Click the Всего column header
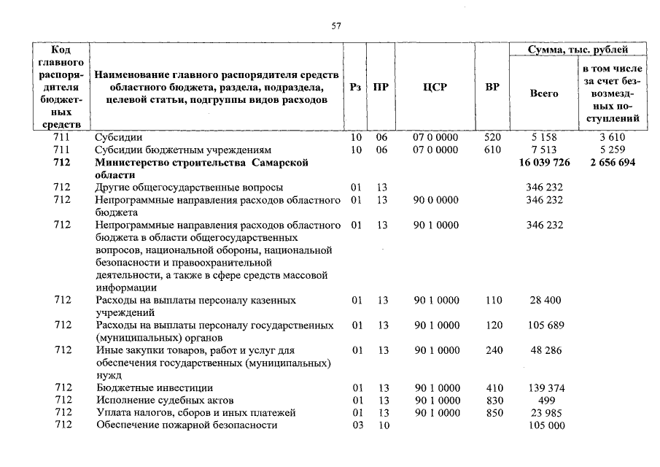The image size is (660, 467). tap(543, 93)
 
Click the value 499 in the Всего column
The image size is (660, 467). tap(545, 400)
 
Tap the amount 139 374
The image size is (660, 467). tap(545, 387)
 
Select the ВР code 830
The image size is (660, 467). tap(494, 400)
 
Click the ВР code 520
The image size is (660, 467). tap(494, 136)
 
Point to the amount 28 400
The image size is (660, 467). tap(545, 300)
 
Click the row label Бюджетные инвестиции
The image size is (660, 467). tap(154, 387)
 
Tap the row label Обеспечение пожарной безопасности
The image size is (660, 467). tap(187, 425)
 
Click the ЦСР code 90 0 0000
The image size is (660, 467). tap(436, 199)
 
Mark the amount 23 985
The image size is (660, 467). tap(545, 412)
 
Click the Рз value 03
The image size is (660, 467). tap(357, 425)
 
